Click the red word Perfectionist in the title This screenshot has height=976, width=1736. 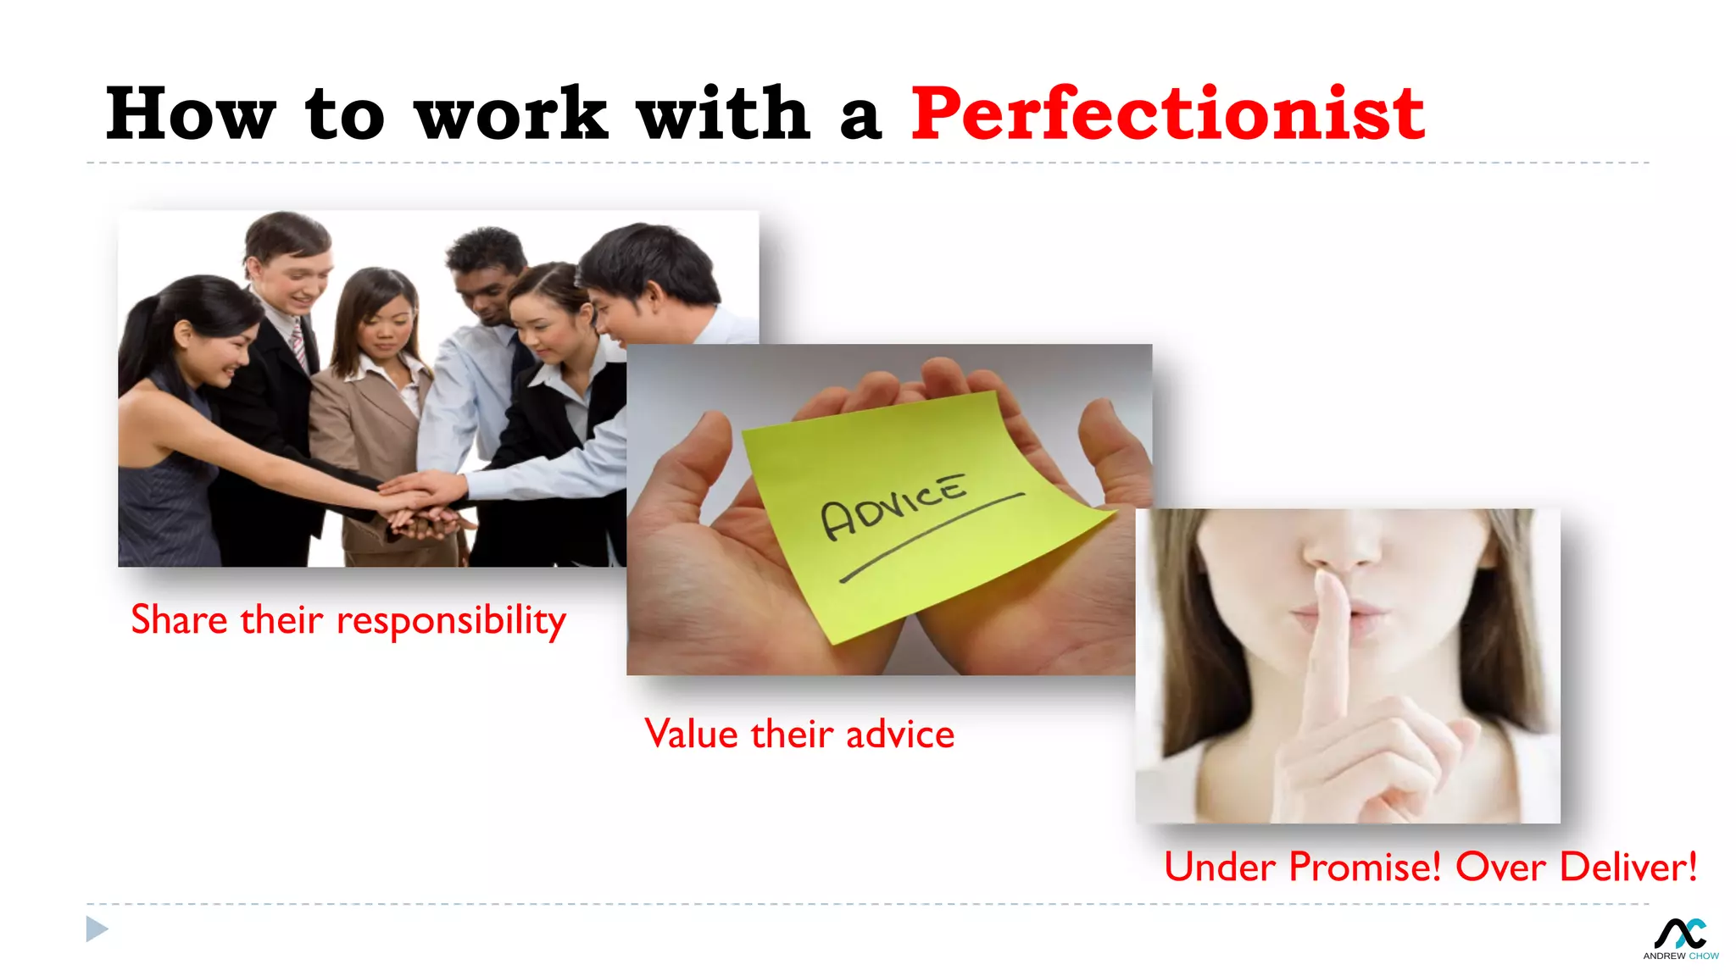[x=1167, y=114]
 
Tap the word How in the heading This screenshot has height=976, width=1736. [x=191, y=114]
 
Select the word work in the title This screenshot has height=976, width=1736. [x=511, y=114]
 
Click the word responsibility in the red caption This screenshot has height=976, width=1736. [x=451, y=621]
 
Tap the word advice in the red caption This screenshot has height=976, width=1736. [x=900, y=734]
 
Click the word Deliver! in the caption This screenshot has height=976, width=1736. [x=1628, y=867]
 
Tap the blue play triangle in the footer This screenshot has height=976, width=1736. [x=97, y=929]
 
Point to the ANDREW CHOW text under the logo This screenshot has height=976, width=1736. [x=1680, y=956]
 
